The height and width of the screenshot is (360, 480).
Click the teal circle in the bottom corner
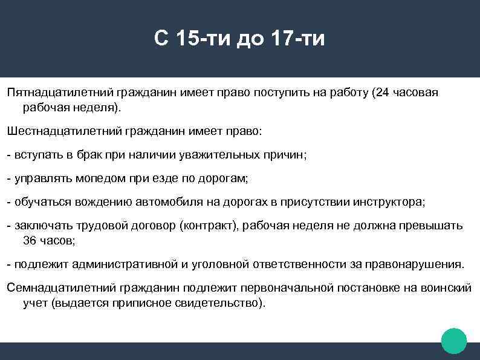(454, 341)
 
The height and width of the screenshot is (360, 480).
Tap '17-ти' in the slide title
(299, 39)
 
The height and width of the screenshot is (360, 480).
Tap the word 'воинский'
(445, 288)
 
